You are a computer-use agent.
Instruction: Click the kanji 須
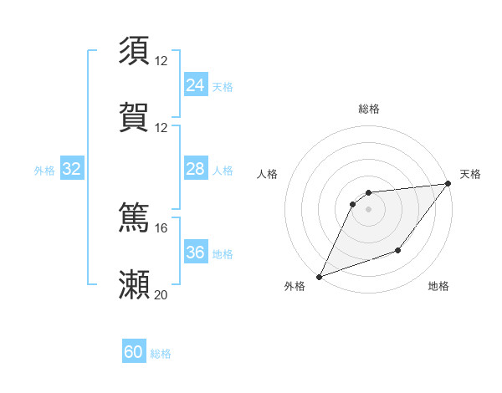(134, 50)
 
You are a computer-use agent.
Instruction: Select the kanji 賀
(134, 118)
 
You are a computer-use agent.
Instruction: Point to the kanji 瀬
(134, 284)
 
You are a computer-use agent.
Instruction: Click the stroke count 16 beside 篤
(161, 227)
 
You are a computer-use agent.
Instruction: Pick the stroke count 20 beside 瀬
(161, 294)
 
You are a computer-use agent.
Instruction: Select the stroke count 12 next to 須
(161, 60)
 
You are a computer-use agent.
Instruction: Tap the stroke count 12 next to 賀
(161, 128)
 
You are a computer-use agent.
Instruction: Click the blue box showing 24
(196, 84)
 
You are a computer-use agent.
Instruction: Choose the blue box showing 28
(196, 169)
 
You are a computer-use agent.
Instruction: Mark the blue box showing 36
(196, 253)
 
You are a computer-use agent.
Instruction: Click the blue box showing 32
(72, 169)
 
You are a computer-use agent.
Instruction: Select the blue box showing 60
(134, 352)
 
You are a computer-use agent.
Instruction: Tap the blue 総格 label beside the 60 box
(161, 354)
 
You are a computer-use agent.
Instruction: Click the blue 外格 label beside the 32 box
(44, 171)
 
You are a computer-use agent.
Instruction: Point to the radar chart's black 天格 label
(470, 174)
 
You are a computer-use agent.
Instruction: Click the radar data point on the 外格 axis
(320, 277)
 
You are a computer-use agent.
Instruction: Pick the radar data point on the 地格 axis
(399, 251)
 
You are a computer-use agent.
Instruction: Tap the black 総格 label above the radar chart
(368, 109)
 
